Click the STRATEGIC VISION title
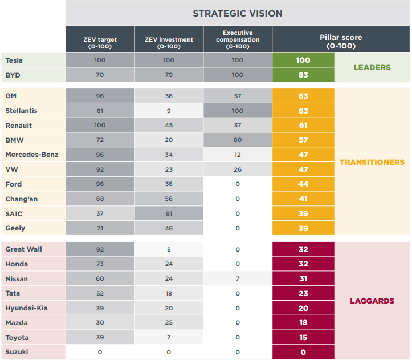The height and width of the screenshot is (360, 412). click(237, 13)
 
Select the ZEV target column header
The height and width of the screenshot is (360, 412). click(100, 43)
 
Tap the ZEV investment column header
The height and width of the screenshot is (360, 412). click(169, 43)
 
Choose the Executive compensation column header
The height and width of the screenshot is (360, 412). click(238, 39)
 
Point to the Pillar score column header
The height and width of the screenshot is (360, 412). click(341, 41)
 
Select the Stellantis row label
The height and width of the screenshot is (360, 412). click(21, 111)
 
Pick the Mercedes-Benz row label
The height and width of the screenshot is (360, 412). click(31, 155)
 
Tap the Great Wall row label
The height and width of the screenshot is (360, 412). click(23, 249)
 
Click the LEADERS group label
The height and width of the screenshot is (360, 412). click(372, 67)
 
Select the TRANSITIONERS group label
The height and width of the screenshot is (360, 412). click(372, 162)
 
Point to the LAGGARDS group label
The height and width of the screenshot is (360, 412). click(372, 301)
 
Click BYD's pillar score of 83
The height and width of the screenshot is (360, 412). click(303, 75)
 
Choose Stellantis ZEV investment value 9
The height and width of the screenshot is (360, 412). click(169, 111)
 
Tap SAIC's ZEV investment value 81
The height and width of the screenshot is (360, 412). click(169, 213)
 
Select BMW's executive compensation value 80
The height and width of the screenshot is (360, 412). click(238, 140)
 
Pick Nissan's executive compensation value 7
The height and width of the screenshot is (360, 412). click(238, 279)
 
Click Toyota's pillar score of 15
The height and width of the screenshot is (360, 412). click(303, 338)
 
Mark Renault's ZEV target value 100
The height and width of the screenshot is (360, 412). click(100, 126)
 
